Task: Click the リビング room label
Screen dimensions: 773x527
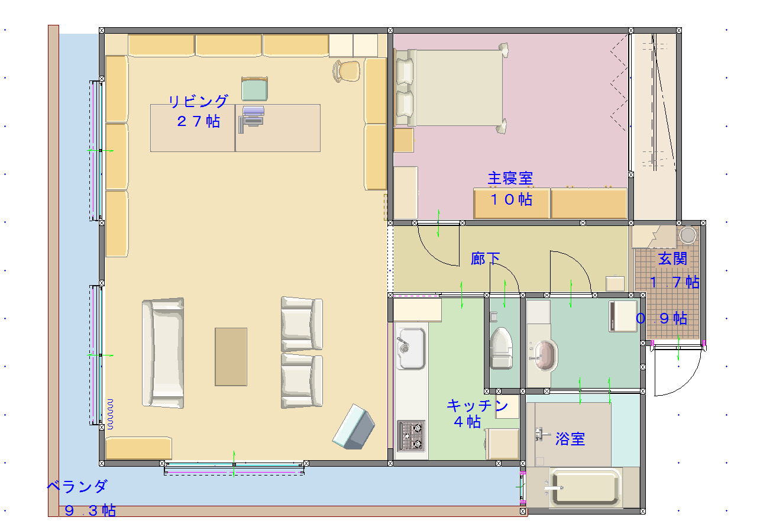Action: [198, 102]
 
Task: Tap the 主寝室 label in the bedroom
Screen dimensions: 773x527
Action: [510, 179]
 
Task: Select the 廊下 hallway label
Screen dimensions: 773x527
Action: [485, 259]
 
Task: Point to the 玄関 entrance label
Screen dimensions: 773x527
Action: [672, 259]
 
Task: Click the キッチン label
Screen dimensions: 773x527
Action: [477, 406]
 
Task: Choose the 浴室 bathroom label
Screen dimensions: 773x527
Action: [570, 439]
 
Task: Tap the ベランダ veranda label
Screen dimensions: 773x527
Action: [77, 487]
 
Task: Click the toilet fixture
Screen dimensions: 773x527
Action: [501, 348]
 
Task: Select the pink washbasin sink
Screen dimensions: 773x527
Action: [544, 355]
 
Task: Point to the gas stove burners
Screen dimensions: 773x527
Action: [411, 437]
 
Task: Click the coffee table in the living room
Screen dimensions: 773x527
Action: [231, 357]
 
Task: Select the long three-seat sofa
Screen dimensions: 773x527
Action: [163, 353]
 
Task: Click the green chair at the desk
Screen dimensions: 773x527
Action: [255, 89]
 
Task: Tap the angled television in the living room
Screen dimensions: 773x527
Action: [354, 427]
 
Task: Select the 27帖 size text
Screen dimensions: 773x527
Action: [198, 121]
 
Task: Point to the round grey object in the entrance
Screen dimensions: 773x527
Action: [688, 235]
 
